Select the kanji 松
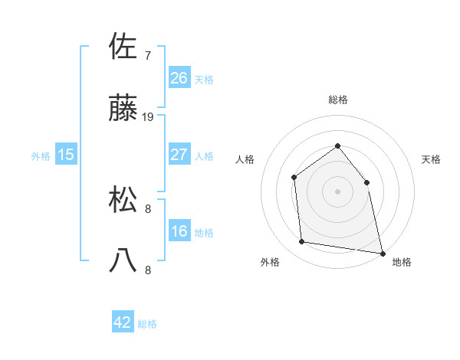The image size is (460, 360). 123,201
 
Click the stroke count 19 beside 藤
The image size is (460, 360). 149,117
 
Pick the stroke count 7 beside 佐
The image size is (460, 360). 148,55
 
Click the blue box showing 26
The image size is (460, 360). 179,78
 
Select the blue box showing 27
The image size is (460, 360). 179,155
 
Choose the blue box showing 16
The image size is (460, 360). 179,231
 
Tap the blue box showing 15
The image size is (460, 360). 66,155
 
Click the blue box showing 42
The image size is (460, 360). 123,322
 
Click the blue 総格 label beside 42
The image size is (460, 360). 147,324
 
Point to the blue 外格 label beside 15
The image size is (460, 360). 41,156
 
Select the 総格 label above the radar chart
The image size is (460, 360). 337,100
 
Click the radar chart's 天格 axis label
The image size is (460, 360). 431,159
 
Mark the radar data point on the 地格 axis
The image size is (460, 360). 382,252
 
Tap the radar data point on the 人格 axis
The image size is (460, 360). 294,177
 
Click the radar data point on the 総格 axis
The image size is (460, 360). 337,146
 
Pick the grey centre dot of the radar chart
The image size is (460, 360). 337,191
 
